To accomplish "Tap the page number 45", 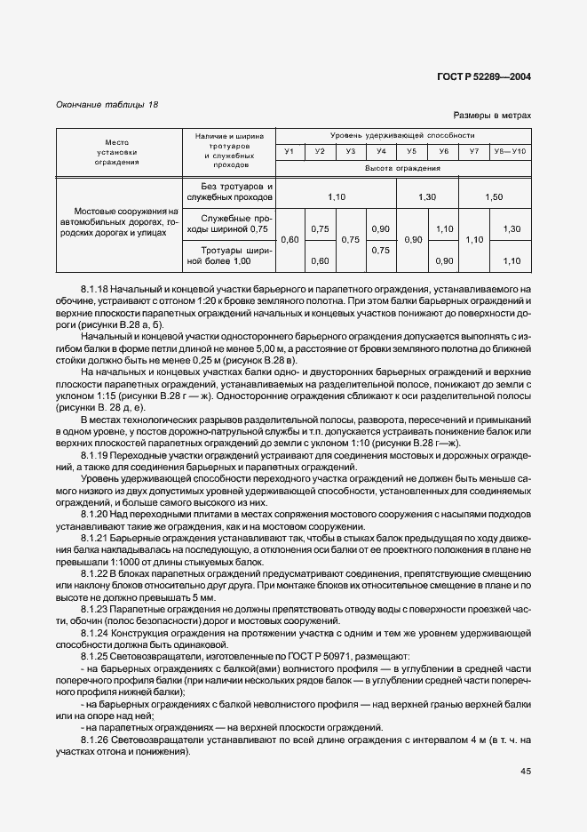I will coord(525,771).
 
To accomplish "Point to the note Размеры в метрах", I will coord(492,116).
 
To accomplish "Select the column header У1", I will coord(289,152).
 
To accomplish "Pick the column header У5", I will coord(412,152).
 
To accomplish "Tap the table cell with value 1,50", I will coord(495,196).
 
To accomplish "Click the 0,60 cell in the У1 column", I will coord(289,240).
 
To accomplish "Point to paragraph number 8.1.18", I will coord(96,289).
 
